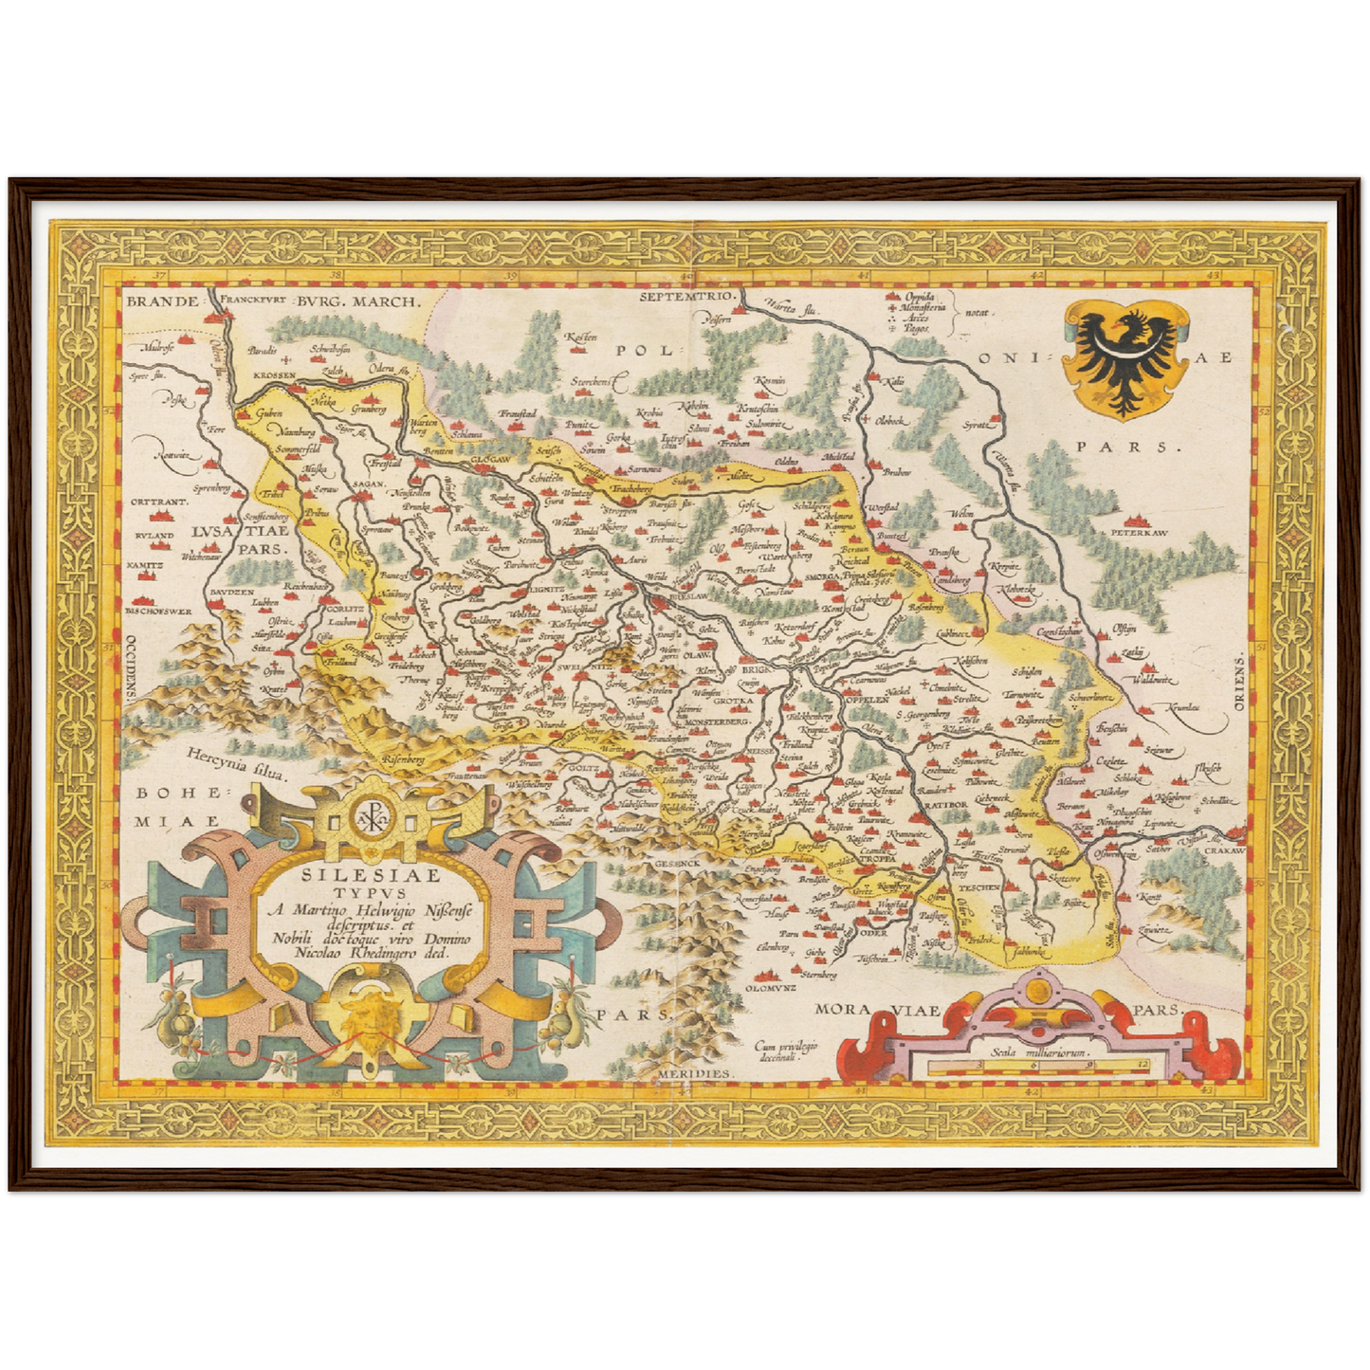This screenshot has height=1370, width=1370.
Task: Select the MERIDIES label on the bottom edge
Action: click(x=695, y=1072)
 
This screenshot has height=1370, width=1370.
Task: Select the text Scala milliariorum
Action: click(x=1041, y=1051)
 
